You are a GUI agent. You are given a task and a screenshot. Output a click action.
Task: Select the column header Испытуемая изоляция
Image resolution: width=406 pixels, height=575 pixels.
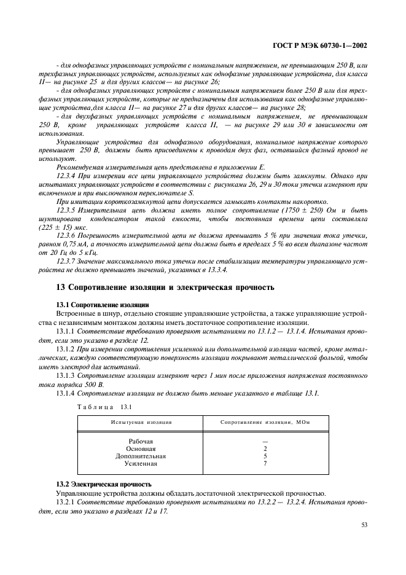[141, 423]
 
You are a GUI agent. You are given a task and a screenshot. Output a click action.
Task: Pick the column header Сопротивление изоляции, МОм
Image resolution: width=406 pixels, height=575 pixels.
[265, 423]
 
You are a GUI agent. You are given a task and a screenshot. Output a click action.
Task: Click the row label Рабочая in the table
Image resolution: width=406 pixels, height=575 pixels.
[141, 441]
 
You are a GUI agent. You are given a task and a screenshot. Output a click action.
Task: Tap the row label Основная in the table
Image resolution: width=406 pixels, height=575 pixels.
[141, 448]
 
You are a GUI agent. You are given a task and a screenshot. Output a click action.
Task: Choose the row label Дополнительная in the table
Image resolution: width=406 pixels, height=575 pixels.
[141, 456]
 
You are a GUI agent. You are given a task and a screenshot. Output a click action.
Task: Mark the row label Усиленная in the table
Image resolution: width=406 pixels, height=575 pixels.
[141, 463]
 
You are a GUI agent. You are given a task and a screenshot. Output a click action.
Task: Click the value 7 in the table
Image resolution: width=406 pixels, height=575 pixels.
[265, 463]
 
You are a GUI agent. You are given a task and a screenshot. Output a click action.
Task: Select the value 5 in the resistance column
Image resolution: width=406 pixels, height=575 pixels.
[265, 456]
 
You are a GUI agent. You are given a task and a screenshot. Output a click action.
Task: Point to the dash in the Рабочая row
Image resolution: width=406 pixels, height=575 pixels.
[265, 441]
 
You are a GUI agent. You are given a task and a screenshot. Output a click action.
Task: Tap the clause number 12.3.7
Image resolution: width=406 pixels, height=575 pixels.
[67, 260]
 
